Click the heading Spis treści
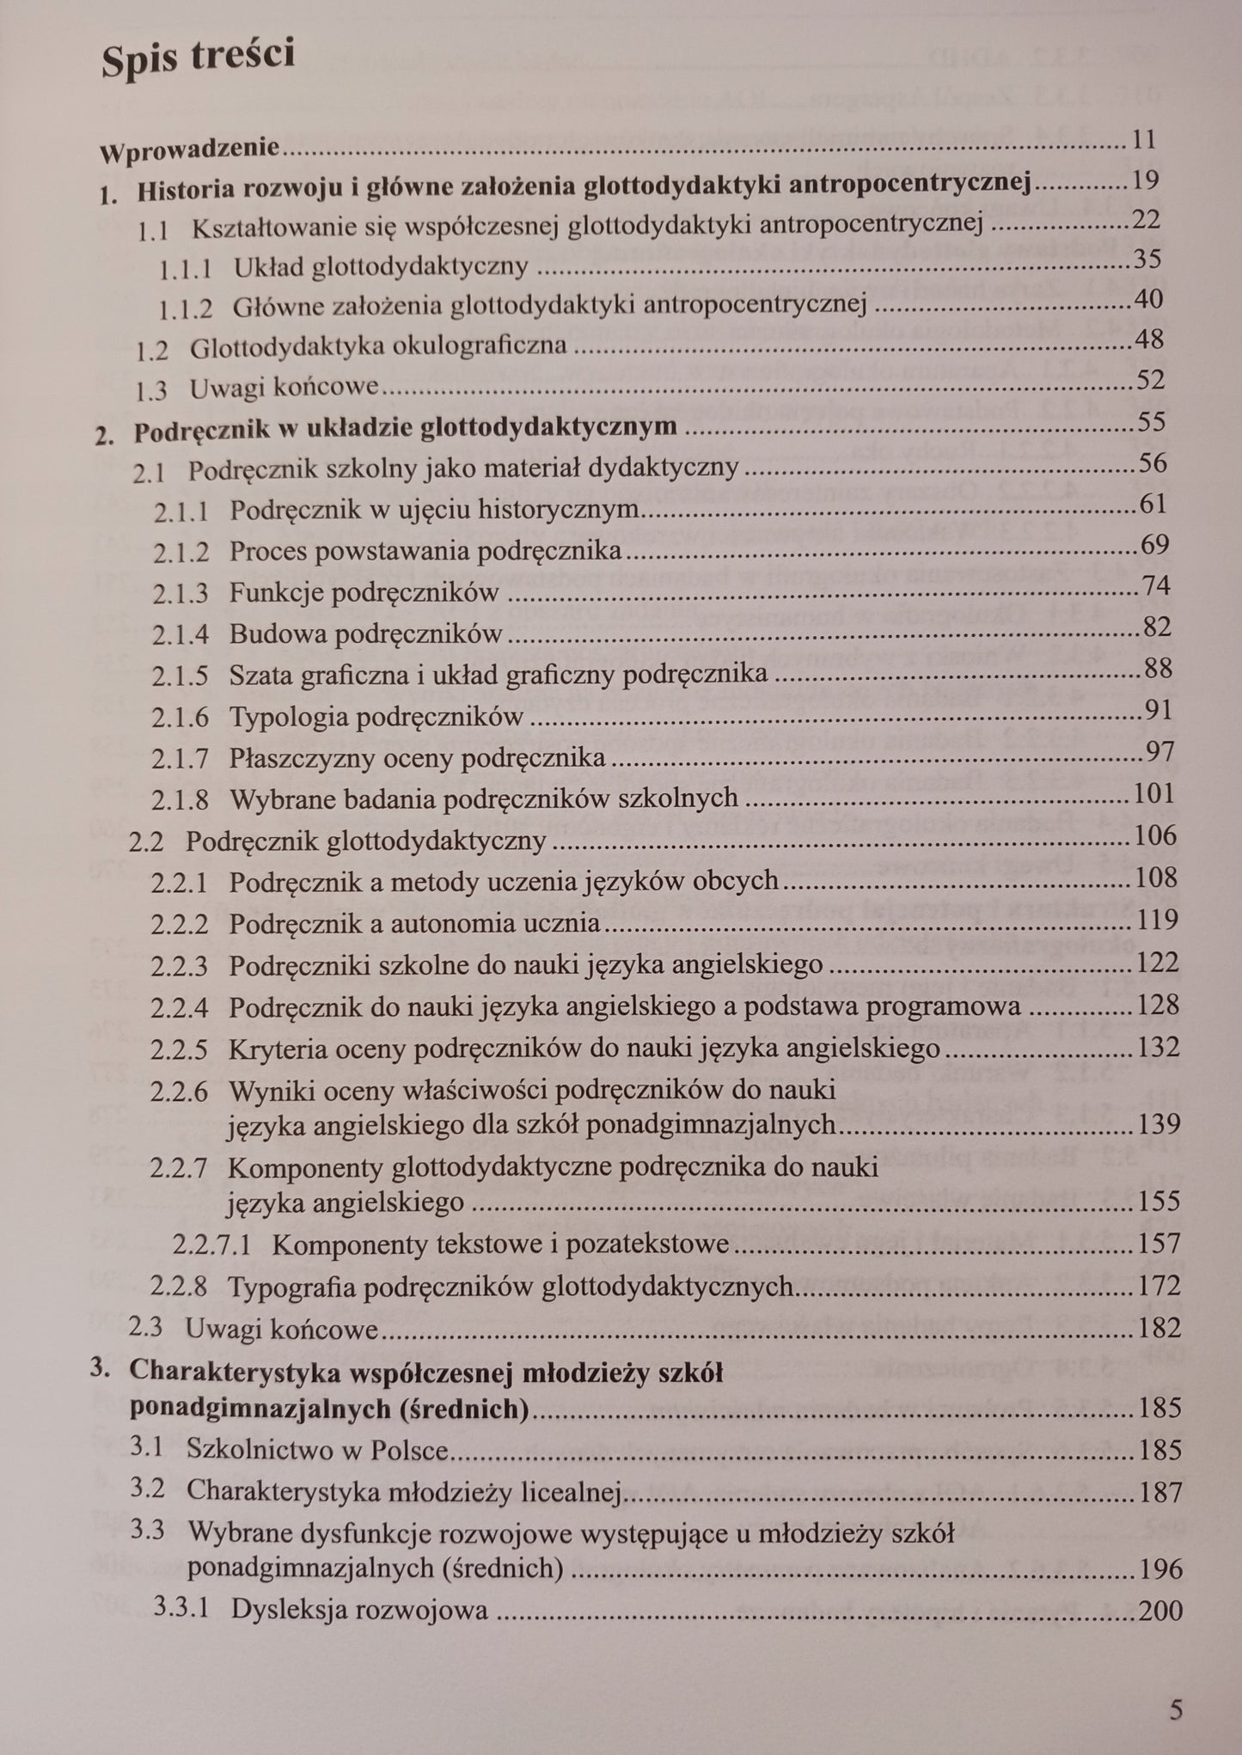pyautogui.click(x=199, y=58)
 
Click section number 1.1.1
pyautogui.click(x=185, y=268)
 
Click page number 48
pyautogui.click(x=1148, y=339)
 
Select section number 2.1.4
pyautogui.click(x=180, y=635)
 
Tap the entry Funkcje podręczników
pyautogui.click(x=364, y=592)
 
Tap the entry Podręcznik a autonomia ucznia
pyautogui.click(x=414, y=923)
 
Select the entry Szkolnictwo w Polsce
pyautogui.click(x=318, y=1451)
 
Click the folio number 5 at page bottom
pyautogui.click(x=1176, y=1709)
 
